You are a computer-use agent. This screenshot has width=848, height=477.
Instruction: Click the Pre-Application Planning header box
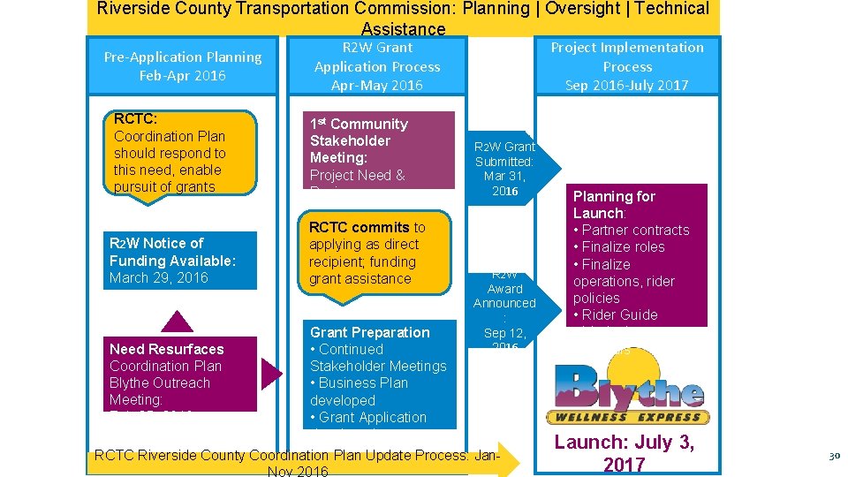point(183,66)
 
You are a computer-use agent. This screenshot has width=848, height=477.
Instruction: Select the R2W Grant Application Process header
point(376,66)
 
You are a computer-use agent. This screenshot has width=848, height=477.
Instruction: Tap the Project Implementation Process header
point(627,66)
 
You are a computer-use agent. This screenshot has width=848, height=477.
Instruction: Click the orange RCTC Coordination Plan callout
point(181,153)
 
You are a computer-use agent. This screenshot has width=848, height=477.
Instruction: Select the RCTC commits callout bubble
point(375,253)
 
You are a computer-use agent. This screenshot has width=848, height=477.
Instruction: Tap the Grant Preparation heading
point(369,332)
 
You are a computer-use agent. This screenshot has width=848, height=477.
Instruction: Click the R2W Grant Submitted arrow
point(508,168)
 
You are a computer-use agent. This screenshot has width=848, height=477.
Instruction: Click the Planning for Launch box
point(636,255)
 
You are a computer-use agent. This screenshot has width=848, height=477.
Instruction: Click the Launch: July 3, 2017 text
point(624,453)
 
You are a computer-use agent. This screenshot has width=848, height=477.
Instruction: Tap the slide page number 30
point(833,456)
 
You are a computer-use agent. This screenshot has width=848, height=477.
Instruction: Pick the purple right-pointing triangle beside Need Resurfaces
point(271,374)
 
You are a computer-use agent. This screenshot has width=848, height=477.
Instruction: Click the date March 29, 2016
point(159,277)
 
